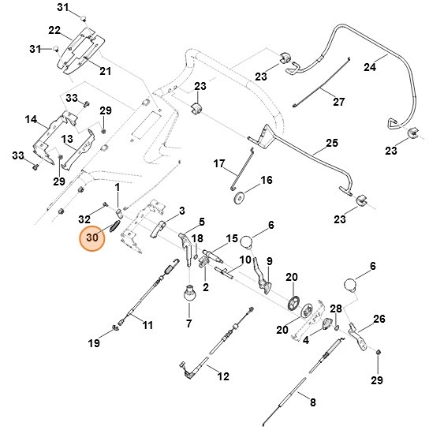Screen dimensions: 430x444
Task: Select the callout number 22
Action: [x=54, y=30]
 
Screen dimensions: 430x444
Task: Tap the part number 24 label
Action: [x=391, y=67]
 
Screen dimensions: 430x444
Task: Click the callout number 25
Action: [x=331, y=144]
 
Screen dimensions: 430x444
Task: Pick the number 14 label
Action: [x=31, y=120]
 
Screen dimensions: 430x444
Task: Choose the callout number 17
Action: [x=219, y=163]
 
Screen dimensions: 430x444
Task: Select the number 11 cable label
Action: [x=147, y=323]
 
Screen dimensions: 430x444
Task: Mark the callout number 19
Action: [x=94, y=343]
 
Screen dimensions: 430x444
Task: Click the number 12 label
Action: [x=223, y=376]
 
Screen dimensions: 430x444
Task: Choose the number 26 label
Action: [x=379, y=319]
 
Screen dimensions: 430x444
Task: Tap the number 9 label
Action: [x=268, y=261]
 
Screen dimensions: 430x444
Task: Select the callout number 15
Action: [x=232, y=238]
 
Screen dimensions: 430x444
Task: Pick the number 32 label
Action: [x=84, y=218]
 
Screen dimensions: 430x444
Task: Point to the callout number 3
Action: [x=181, y=211]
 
